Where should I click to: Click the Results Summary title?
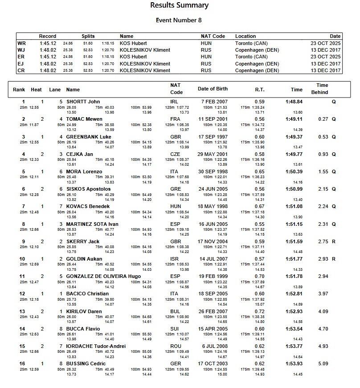[x=179, y=6]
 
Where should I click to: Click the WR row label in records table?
[x=21, y=44]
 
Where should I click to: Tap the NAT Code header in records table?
[x=213, y=36]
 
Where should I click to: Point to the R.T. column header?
[x=259, y=90]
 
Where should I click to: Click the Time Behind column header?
[x=322, y=89]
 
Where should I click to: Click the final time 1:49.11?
[x=294, y=119]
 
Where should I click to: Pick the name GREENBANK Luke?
[x=89, y=137]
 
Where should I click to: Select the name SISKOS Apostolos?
[x=88, y=189]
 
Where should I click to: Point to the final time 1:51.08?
[x=294, y=206]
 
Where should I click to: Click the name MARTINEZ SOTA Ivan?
[x=92, y=224]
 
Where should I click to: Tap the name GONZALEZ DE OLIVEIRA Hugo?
[x=103, y=276]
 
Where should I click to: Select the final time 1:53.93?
[x=294, y=363]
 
